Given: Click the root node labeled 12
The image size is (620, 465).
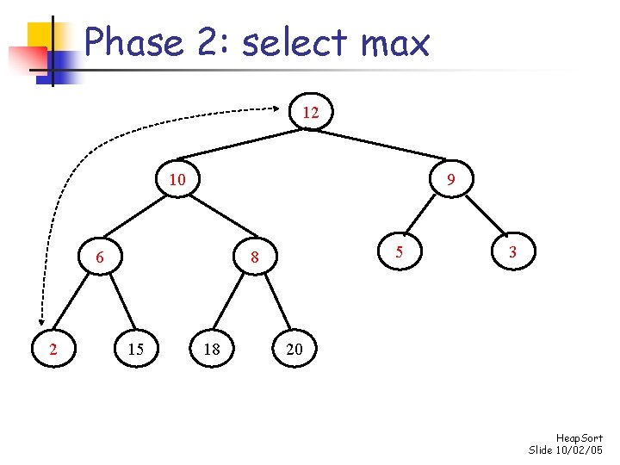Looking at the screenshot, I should tap(311, 113).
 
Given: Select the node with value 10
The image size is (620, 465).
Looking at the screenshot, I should tap(177, 181).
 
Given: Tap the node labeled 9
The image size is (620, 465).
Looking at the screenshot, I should tap(450, 181).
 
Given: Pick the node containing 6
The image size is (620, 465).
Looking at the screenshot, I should tap(100, 257).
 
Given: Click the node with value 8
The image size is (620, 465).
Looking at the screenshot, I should tap(254, 257).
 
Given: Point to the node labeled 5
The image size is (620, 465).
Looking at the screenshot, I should tap(398, 252).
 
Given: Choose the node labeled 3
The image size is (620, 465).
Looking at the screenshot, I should tap(512, 252).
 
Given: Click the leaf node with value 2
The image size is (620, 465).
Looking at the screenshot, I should tap(54, 349).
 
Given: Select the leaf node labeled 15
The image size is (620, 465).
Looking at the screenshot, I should tap(135, 349).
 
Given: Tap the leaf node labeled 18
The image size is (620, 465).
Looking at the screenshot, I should tap(212, 349).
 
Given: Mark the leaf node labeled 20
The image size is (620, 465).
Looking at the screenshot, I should tap(294, 349).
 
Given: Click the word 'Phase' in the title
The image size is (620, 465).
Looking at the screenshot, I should tap(134, 42).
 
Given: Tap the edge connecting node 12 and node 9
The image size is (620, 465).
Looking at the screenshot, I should tap(381, 146).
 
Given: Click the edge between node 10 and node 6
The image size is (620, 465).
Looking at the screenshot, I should tap(138, 219).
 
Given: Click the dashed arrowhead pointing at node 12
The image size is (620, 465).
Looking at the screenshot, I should tap(288, 108).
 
